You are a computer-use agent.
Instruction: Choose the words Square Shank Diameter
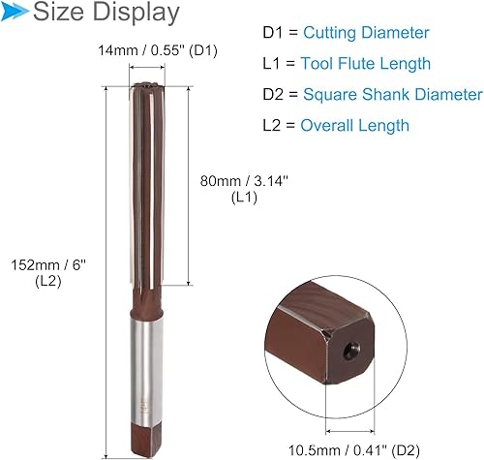coord(392,95)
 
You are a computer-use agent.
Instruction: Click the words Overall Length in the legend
coord(355,125)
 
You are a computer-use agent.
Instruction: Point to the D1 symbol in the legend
coord(274,33)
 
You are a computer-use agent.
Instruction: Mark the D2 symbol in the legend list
coord(276,95)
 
